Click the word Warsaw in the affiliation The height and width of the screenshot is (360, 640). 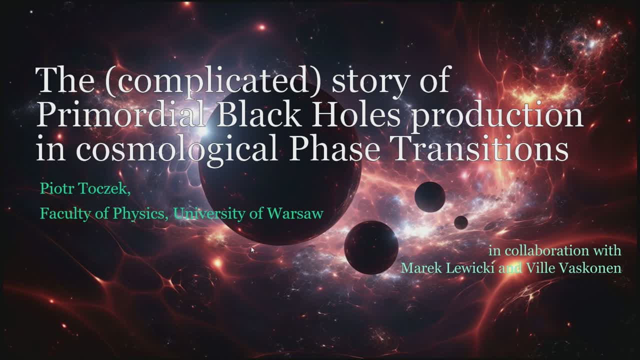pyautogui.click(x=295, y=213)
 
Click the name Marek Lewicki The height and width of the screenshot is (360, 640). pyautogui.click(x=447, y=268)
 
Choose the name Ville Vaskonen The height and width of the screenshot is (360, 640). pyautogui.click(x=573, y=268)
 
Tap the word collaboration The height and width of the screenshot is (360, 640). pyautogui.click(x=545, y=251)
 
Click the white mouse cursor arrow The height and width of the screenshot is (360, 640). pyautogui.click(x=252, y=250)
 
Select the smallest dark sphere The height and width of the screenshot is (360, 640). pyautogui.click(x=461, y=222)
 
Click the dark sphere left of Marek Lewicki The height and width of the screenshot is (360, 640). pyautogui.click(x=371, y=247)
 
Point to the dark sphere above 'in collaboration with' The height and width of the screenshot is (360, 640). pyautogui.click(x=429, y=197)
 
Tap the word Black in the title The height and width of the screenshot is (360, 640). pyautogui.click(x=258, y=113)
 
